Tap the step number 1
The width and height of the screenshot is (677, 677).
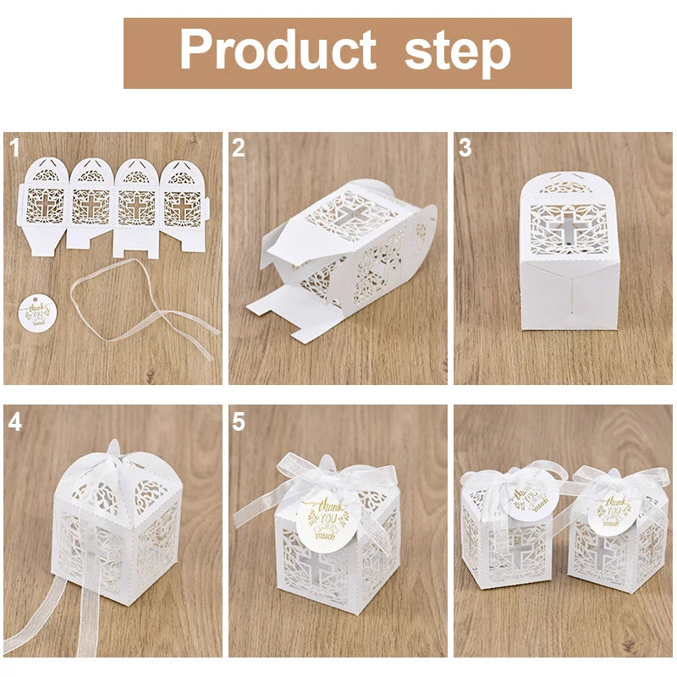pyautogui.click(x=14, y=149)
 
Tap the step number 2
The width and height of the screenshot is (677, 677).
pyautogui.click(x=239, y=149)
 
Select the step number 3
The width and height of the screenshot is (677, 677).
pyautogui.click(x=465, y=149)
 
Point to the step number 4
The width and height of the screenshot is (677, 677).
pyautogui.click(x=14, y=421)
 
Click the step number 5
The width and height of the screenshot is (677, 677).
pyautogui.click(x=239, y=421)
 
